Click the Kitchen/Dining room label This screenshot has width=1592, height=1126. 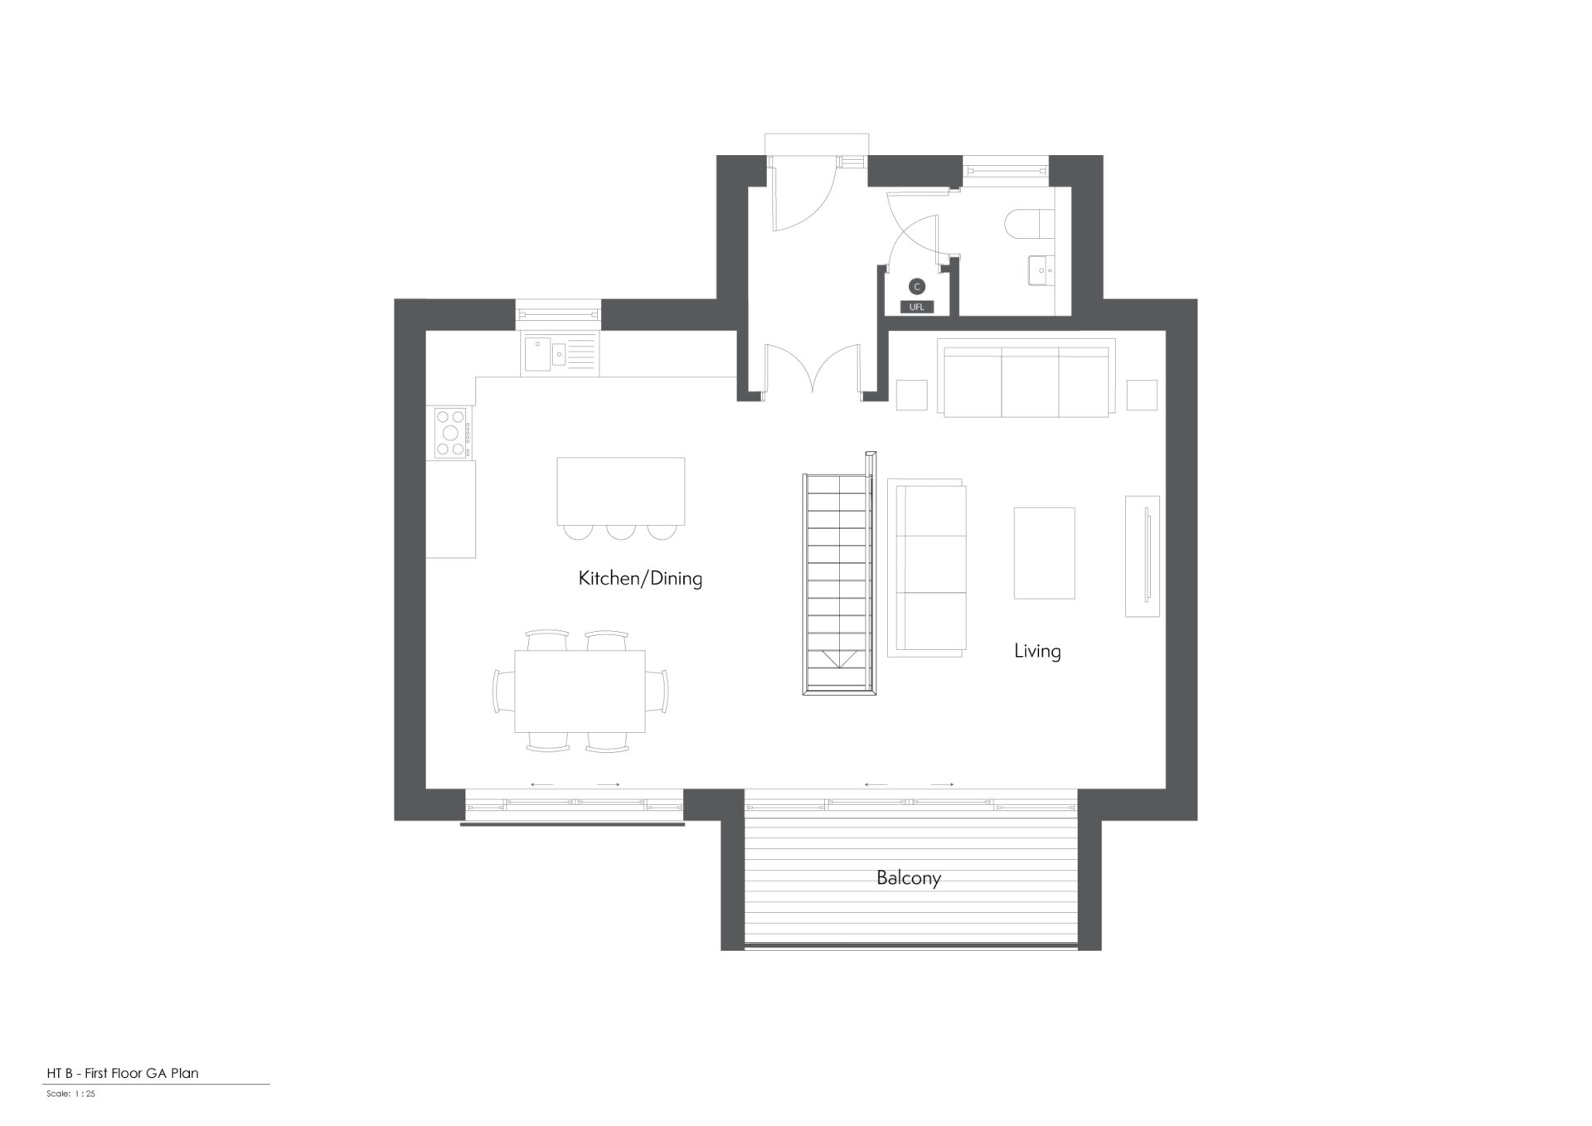640,578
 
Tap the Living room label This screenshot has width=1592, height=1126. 1037,651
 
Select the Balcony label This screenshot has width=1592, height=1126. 909,878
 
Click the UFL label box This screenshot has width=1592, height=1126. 916,307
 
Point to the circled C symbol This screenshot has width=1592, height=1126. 916,287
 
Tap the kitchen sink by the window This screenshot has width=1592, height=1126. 558,355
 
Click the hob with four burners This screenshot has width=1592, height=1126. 451,432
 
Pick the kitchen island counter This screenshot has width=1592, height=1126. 621,491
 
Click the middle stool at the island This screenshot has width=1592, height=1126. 621,531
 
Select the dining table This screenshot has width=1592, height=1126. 580,691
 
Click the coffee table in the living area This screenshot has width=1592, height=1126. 1045,553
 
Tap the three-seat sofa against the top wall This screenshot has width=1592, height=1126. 1027,377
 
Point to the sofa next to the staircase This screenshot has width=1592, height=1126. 927,568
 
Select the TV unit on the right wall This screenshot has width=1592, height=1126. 1142,556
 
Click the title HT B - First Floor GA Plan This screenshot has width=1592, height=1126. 123,1073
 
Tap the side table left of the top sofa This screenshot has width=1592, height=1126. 912,395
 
